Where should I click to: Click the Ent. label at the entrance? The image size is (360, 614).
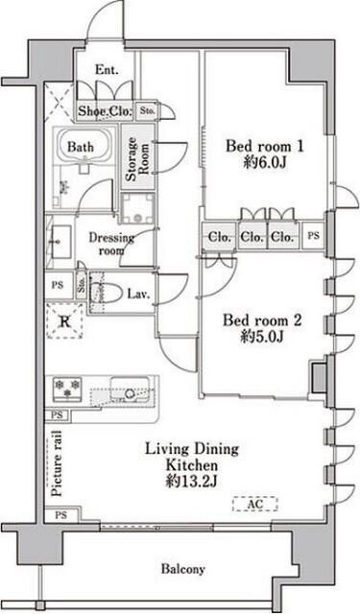107,70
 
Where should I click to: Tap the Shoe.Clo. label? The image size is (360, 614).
105,111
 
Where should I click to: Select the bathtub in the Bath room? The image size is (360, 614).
84,145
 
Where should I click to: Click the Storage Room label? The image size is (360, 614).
137,158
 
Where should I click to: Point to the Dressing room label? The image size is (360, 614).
111,244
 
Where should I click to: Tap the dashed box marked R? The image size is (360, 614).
64,322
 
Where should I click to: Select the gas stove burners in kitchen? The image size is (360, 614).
67,388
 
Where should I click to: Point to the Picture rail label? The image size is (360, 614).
58,463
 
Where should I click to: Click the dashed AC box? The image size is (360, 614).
255,505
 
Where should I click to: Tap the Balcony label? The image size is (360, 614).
183,569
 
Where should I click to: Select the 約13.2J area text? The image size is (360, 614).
191,481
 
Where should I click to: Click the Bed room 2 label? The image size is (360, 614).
262,320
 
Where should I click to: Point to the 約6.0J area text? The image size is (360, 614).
265,162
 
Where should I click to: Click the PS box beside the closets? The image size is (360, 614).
313,236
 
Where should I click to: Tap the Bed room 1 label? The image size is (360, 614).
265,147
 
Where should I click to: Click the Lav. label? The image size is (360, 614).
138,294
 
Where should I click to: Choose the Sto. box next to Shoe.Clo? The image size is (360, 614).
147,111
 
